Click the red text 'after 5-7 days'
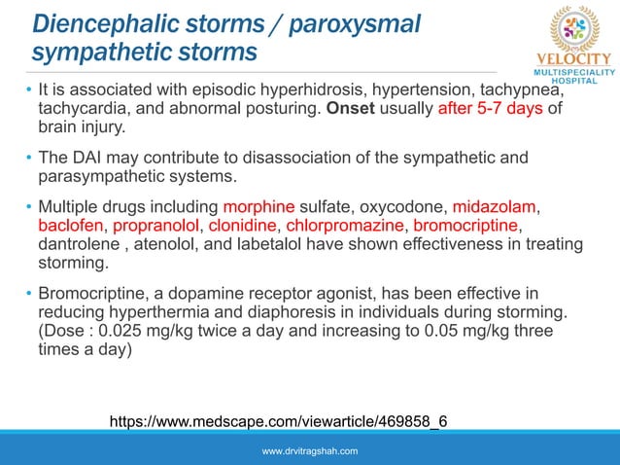coord(490,108)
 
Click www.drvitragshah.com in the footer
coord(310,451)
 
